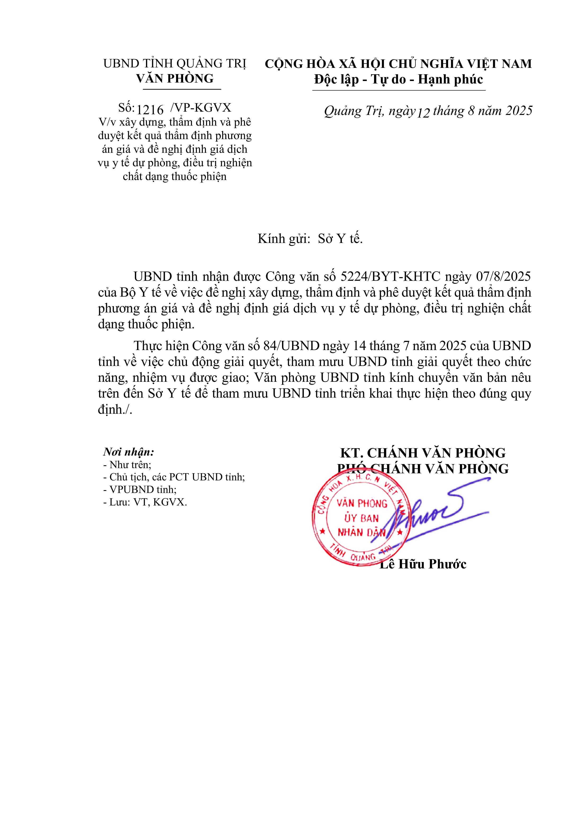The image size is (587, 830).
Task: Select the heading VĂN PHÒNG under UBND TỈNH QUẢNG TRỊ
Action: coord(175,79)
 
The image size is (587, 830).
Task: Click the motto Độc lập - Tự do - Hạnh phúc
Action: coord(399,79)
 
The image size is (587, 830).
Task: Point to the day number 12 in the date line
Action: coord(423,113)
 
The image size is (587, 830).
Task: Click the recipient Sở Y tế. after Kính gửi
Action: coord(340,239)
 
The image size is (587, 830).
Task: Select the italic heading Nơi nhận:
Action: coord(129,452)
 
